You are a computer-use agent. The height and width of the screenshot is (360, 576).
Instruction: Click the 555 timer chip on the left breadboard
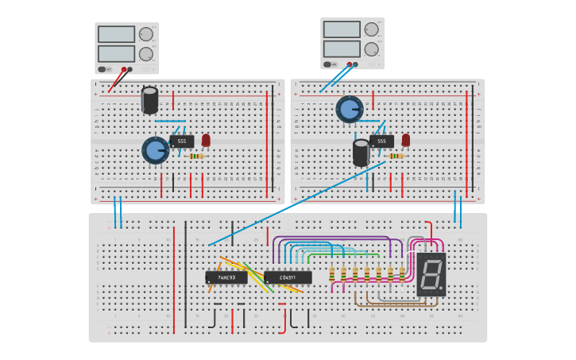(181, 141)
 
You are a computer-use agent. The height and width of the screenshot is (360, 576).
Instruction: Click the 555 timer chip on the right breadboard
(381, 141)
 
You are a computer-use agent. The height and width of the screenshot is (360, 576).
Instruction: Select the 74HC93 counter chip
(226, 277)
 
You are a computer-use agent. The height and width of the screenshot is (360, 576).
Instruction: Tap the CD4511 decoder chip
(288, 277)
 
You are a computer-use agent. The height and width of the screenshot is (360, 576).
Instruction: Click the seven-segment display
(431, 275)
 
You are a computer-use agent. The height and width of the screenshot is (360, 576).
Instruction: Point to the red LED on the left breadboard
(206, 140)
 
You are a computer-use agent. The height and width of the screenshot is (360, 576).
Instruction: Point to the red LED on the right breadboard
(406, 140)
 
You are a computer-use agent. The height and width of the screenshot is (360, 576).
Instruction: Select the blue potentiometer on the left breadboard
(155, 149)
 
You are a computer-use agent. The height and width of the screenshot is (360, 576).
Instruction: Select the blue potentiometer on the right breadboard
(349, 109)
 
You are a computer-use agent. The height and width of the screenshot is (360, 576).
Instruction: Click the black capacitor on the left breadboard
(149, 100)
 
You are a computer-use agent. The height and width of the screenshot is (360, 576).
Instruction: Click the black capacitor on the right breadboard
(361, 153)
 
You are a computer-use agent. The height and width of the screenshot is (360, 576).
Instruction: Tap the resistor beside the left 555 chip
(195, 156)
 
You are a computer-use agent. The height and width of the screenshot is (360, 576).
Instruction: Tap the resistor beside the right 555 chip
(396, 156)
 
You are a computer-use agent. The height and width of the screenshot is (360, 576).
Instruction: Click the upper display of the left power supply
(116, 34)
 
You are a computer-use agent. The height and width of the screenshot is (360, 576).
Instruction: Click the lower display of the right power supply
(342, 48)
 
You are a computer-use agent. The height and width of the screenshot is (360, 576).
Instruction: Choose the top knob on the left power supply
(146, 34)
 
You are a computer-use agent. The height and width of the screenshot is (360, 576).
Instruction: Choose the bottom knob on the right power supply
(371, 49)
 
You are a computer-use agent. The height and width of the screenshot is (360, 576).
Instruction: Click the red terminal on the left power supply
(124, 69)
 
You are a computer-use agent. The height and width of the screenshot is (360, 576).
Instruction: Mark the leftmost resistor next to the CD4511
(332, 274)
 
